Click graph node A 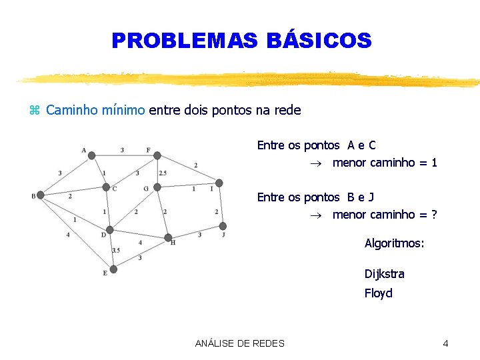coord(92,155)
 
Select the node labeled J coord(223,226)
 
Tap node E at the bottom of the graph coord(113,269)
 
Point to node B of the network coord(40,195)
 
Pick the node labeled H coord(168,237)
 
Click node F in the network coord(157,155)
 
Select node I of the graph coord(219,183)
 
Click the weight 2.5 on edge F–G coord(163,173)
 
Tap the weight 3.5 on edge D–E coord(116,250)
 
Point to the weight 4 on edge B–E coord(68,235)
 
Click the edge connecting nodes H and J coord(196,231)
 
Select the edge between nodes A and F coord(125,155)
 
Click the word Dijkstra coord(384,274)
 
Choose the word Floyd coord(378,293)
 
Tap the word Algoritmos coord(393,243)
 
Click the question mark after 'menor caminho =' coord(434,215)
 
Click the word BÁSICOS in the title coord(319,41)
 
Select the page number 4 coord(445,343)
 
